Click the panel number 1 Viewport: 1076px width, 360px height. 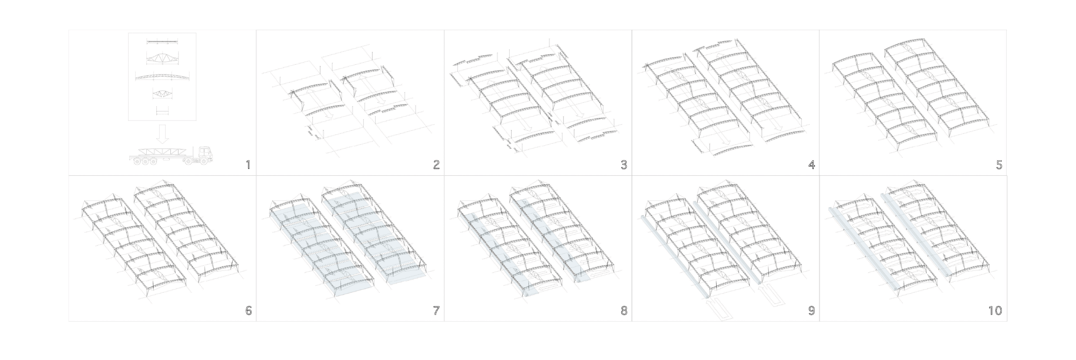click(x=248, y=165)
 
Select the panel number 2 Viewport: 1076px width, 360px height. click(x=436, y=165)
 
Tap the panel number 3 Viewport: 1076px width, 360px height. click(x=624, y=165)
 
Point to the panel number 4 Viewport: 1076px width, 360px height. click(x=812, y=165)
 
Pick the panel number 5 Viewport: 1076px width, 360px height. click(x=999, y=165)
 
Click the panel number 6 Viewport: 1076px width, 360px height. click(x=248, y=311)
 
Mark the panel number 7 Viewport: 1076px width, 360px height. click(x=436, y=311)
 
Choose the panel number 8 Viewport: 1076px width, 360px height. click(x=624, y=311)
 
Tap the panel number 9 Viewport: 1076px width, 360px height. click(x=812, y=311)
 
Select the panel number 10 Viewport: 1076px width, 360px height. click(x=995, y=311)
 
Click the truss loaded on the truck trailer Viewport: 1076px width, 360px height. click(x=163, y=151)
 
